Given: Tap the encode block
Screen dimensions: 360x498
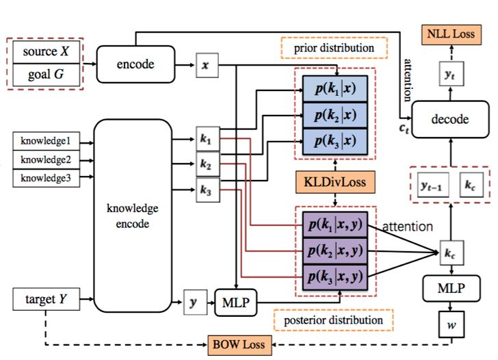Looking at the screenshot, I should [135, 64].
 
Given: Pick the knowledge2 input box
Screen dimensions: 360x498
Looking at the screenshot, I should [45, 160].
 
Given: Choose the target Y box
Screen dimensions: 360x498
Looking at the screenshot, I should [45, 299].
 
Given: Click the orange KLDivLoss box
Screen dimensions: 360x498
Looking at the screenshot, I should [335, 183].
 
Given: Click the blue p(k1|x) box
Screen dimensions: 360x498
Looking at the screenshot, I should [335, 88].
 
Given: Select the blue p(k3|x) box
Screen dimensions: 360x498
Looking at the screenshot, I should [335, 141].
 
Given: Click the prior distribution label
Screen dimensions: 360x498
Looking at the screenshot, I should [334, 48].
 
